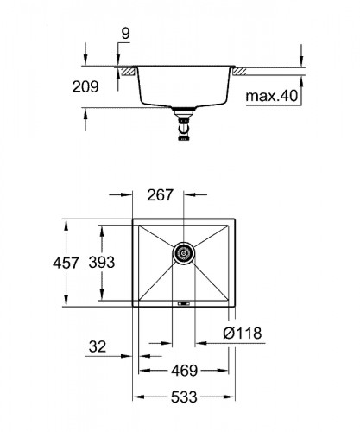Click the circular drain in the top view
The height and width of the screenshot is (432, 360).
[x=182, y=253]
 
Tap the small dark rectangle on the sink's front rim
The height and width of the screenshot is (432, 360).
[x=182, y=302]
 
